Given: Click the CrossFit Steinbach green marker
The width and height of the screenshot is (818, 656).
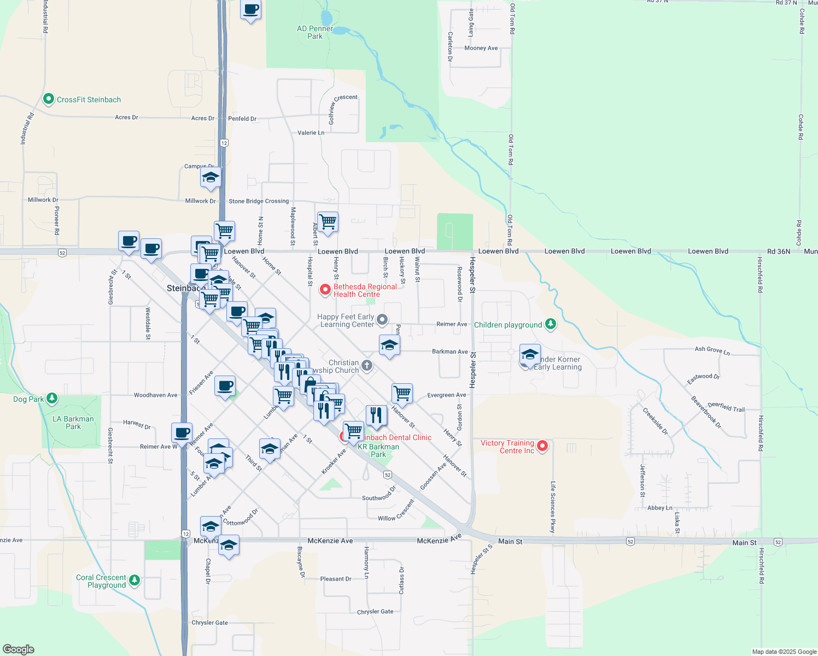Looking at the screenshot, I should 48,99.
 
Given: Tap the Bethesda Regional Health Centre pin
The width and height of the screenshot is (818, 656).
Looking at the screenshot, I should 325,290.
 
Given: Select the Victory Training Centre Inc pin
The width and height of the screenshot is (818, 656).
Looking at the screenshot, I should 542,446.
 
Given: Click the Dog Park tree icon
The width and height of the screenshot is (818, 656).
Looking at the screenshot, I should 51,398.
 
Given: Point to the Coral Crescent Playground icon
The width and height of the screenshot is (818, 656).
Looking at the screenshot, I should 135,580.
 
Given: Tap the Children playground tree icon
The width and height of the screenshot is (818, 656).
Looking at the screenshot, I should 551,324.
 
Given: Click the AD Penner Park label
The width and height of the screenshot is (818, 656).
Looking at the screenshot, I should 315,32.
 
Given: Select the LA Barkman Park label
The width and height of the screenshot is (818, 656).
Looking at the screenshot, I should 73,423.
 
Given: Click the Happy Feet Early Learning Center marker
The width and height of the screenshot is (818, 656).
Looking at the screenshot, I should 382,319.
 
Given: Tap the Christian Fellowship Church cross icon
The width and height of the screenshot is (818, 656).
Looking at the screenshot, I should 367,365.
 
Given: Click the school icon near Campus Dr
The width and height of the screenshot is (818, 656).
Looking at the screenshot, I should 211,177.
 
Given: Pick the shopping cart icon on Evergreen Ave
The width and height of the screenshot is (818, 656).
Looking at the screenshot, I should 402,393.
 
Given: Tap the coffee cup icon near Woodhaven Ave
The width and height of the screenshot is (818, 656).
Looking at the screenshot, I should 225,386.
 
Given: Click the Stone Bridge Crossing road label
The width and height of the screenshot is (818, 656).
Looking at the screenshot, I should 259,201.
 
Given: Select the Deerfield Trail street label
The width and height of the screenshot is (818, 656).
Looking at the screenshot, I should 726,407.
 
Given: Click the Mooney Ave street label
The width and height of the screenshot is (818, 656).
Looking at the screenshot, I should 481,48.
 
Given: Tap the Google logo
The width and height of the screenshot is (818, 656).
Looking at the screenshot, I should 19,649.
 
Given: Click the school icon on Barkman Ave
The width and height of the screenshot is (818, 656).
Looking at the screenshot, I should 389,345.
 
